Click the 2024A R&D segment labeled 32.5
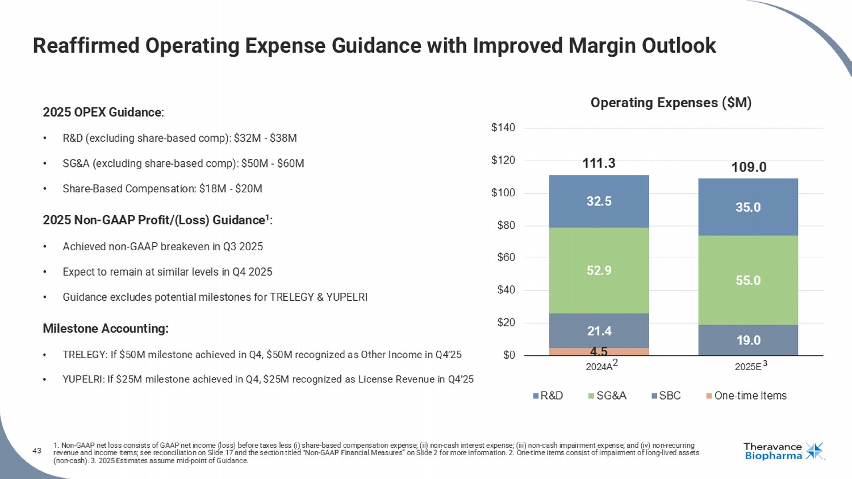tap(599, 201)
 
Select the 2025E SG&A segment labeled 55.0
tap(748, 280)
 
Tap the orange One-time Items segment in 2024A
tap(599, 352)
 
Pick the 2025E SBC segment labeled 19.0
tap(748, 340)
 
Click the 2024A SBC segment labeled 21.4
tap(599, 331)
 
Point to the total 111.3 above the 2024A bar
tap(599, 163)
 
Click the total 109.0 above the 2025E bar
tap(748, 167)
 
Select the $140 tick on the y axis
tap(503, 128)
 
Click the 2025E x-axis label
tap(748, 367)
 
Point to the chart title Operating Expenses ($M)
tap(671, 103)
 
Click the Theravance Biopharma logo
tap(783, 452)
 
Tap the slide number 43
tap(37, 451)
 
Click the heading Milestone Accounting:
tap(106, 329)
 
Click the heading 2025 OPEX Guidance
tap(102, 112)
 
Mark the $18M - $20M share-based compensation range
tap(231, 188)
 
